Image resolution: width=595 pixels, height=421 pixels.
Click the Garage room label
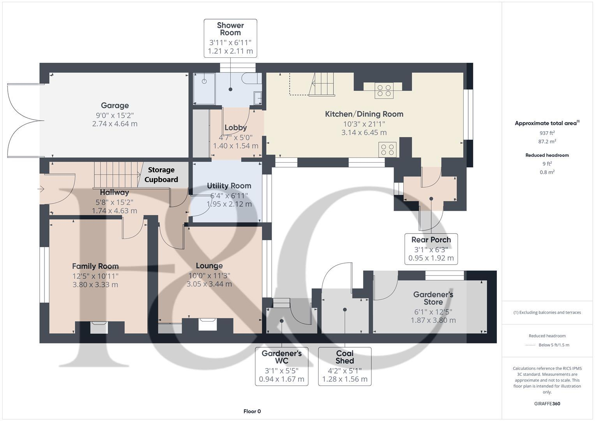pos(115,106)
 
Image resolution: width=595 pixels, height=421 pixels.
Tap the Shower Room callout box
pos(230,38)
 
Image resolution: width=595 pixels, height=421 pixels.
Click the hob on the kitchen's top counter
pos(384,90)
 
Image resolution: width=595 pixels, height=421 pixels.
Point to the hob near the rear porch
pos(388,150)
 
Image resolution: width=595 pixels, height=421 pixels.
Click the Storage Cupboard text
pos(161,175)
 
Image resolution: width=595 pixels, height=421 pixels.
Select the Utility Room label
pos(229,186)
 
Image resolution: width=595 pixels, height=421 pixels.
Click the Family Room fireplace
pos(99,327)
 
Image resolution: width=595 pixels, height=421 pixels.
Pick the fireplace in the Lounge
pos(208,324)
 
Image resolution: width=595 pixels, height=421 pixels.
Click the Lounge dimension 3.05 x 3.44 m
pos(209,284)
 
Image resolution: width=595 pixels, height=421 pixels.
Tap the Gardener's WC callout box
pos(281,366)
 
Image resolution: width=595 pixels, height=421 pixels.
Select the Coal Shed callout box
pos(344,366)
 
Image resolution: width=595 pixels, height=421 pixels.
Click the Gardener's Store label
pos(433,298)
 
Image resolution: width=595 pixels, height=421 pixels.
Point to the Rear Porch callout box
pos(431,249)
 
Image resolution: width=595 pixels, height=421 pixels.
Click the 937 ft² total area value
pos(547,133)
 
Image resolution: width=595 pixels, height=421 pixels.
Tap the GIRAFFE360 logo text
pos(547,403)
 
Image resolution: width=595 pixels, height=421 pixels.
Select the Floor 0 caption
pos(252,411)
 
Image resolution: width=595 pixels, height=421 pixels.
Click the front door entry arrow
pos(41,189)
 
